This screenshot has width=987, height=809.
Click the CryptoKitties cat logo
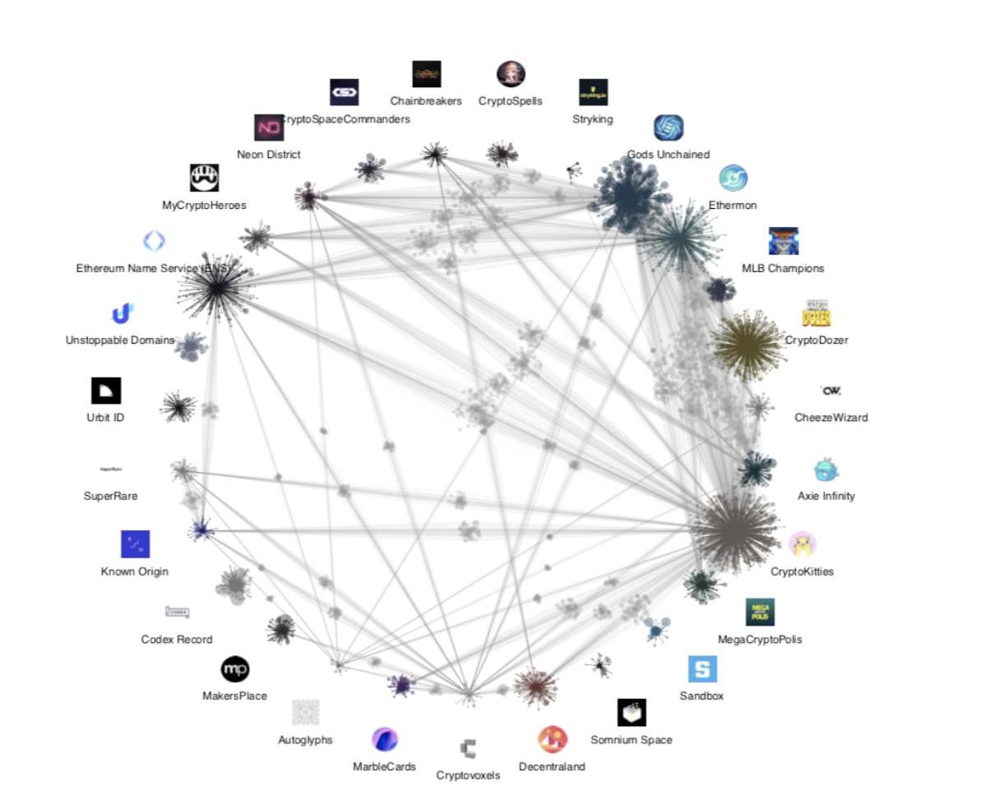pos(802,545)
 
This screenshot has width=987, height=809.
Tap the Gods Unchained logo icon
pos(668,127)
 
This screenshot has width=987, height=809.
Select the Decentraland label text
pos(552,767)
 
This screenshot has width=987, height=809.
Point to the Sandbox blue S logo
pos(702,669)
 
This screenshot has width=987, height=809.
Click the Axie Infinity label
pos(826,496)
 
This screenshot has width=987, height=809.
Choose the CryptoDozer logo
pos(816,314)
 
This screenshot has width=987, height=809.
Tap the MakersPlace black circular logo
pos(235,669)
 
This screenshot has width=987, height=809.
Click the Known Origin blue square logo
pos(135,544)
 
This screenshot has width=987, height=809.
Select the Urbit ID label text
pos(105,417)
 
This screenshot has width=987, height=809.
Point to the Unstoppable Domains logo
pos(123,314)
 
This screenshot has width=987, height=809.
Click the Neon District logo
pos(269,127)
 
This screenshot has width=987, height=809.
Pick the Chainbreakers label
pos(426,101)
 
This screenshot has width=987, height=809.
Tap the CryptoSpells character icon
pos(511,74)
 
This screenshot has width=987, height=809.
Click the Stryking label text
pos(592,119)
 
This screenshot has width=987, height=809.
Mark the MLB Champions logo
pos(783,241)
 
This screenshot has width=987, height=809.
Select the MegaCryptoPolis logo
pos(760,613)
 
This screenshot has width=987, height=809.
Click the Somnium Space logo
pos(632,713)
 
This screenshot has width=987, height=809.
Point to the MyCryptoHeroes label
pos(204,206)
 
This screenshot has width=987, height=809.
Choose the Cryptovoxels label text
pos(468,775)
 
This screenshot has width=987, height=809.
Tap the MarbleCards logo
pos(385,739)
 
